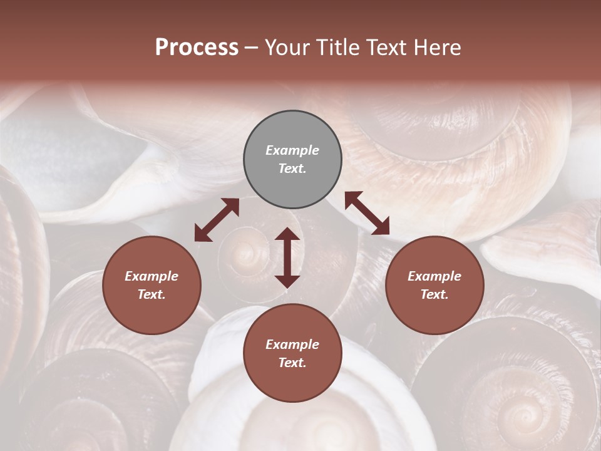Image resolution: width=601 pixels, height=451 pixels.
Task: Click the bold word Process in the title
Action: tap(197, 48)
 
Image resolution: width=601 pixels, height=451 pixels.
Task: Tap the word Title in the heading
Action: tap(336, 48)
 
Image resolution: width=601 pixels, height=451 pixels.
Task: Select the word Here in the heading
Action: tap(436, 48)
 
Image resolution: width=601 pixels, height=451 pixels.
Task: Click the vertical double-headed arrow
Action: tap(287, 257)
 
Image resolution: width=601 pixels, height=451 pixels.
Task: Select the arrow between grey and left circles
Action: tap(217, 220)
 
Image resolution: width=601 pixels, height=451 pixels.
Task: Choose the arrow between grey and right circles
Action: tap(367, 213)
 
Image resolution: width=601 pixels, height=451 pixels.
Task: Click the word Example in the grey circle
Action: tap(292, 150)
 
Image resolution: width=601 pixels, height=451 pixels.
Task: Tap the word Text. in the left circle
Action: tap(152, 294)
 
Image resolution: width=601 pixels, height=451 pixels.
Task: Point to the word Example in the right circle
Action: tap(434, 276)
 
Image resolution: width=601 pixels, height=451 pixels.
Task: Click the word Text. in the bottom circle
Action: tap(292, 363)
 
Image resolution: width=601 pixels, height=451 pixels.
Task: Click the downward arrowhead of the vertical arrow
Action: tap(287, 281)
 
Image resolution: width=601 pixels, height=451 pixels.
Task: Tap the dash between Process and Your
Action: tap(251, 48)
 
